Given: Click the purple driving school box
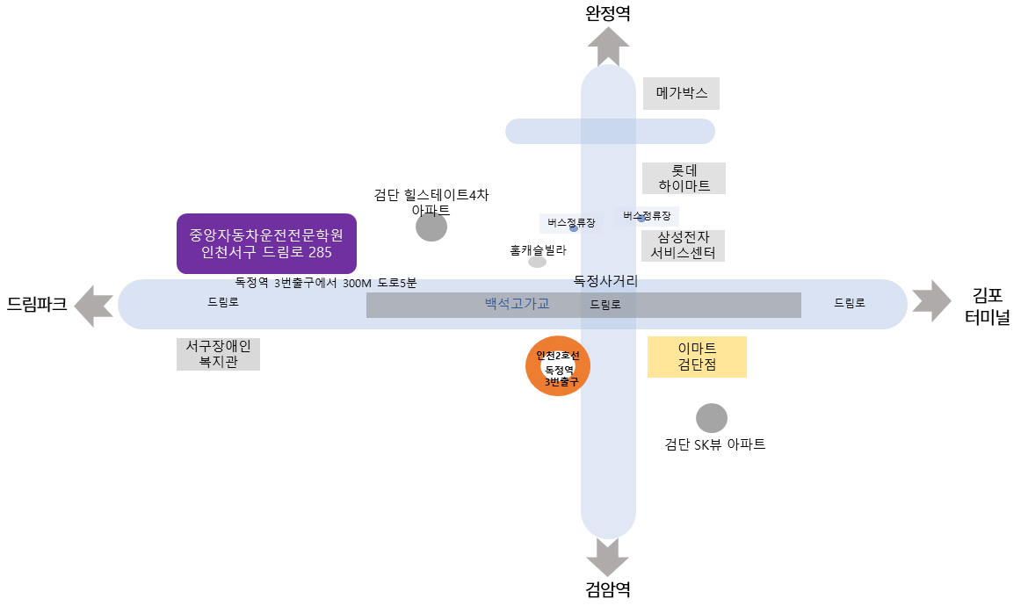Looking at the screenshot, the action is point(266,243).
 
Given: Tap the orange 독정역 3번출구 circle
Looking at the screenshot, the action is point(558,366).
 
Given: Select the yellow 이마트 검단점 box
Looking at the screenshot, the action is point(697,357).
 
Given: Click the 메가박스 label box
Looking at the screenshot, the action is point(681,94).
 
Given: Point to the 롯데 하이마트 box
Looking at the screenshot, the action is point(684,178).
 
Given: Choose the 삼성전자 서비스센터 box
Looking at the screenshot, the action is point(684,246).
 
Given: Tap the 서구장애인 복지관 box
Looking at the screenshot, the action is point(218,354).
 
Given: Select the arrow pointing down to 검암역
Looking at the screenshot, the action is point(608,557).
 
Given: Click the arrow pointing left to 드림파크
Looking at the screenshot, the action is point(94,306).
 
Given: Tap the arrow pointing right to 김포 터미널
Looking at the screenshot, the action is point(931,301).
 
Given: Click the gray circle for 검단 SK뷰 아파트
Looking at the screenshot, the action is point(712,419).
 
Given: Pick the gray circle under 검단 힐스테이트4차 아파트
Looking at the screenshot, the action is point(431,226).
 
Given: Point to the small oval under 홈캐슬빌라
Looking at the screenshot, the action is point(538,262).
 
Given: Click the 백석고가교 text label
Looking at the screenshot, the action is point(518,304).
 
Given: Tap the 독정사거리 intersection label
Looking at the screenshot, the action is point(605,281).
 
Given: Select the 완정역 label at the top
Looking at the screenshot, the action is point(608,13).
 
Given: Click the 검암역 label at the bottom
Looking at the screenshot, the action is point(608,589).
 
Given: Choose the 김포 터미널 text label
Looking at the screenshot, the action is point(988,307).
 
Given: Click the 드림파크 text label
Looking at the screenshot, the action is point(38,305).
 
